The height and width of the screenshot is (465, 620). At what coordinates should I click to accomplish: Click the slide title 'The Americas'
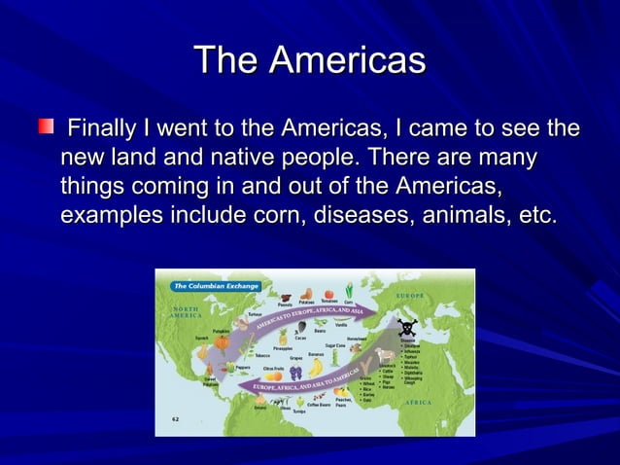(x=310, y=60)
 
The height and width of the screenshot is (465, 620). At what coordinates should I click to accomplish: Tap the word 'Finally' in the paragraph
(x=102, y=128)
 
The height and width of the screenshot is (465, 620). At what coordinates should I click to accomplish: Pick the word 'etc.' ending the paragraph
(x=537, y=213)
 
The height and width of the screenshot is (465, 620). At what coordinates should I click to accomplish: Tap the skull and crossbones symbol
(x=406, y=328)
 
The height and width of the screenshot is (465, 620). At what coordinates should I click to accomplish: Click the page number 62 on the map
(x=176, y=419)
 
